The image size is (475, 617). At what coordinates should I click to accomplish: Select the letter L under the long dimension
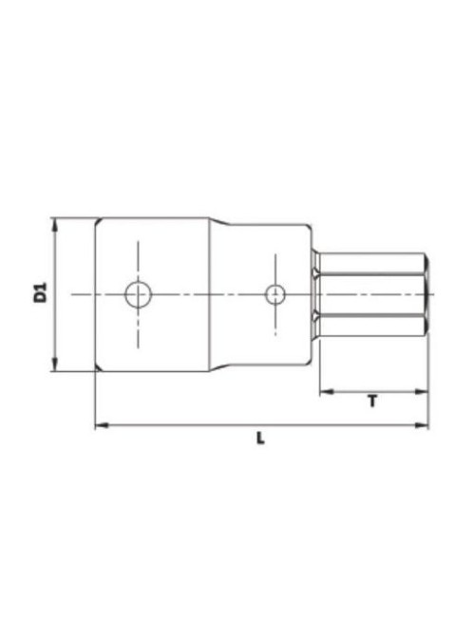[261, 439]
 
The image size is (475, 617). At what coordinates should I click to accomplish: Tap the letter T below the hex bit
[371, 402]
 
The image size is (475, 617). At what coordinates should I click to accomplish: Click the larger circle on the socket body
[138, 295]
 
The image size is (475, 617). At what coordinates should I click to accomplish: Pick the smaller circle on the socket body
[275, 295]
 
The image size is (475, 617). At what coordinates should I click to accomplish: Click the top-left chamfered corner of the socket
[98, 222]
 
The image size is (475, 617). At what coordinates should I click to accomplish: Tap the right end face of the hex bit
[427, 295]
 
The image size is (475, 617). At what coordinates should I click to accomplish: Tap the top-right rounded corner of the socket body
[308, 228]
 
